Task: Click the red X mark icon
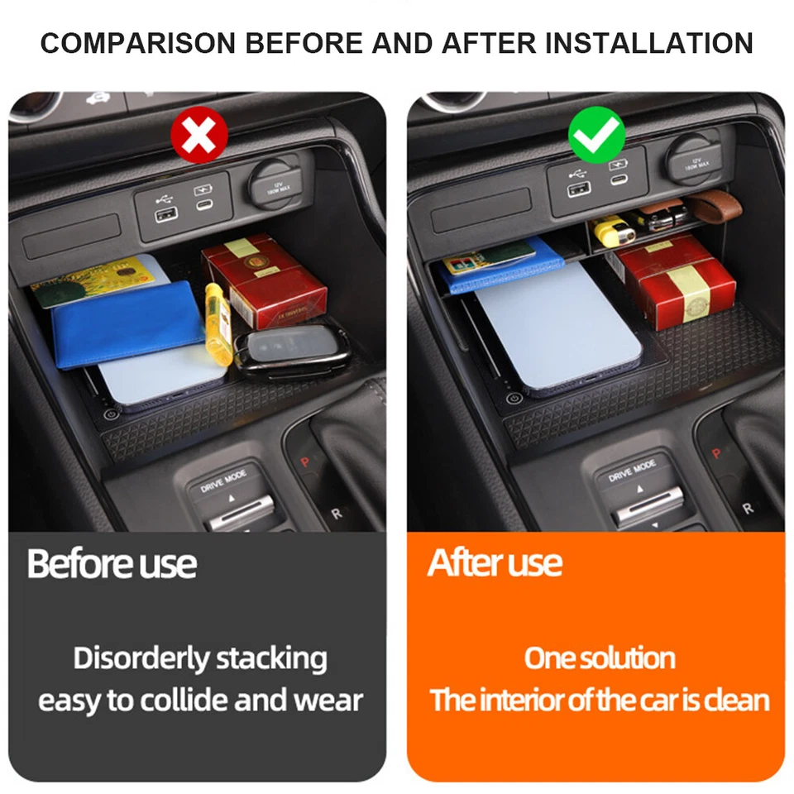click(198, 136)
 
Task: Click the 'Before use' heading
click(112, 564)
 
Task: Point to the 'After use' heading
click(495, 563)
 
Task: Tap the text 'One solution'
click(600, 658)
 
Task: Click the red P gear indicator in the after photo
click(717, 453)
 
